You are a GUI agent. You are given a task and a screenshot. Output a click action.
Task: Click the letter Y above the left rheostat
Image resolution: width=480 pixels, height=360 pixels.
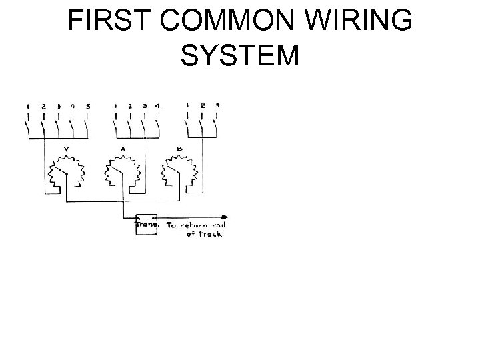coord(65,149)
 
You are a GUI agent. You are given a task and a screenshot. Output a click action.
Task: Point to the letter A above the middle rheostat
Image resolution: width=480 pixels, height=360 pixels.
coord(123,149)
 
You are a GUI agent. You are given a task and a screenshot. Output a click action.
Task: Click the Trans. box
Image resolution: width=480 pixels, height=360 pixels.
coord(146,225)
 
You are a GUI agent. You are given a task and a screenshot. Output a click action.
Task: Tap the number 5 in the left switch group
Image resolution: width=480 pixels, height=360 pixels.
coord(89,105)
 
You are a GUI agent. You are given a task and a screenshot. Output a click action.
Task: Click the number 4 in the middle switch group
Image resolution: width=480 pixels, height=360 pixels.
coord(158,105)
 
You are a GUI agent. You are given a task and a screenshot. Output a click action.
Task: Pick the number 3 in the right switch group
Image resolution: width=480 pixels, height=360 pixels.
coord(217,105)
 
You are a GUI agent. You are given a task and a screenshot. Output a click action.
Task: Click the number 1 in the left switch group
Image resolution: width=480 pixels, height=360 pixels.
coord(28,105)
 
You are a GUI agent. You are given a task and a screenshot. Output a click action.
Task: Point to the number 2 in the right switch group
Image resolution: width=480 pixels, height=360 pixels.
coord(203,105)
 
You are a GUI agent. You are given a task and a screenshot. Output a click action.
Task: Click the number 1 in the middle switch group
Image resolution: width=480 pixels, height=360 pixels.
coord(115,105)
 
